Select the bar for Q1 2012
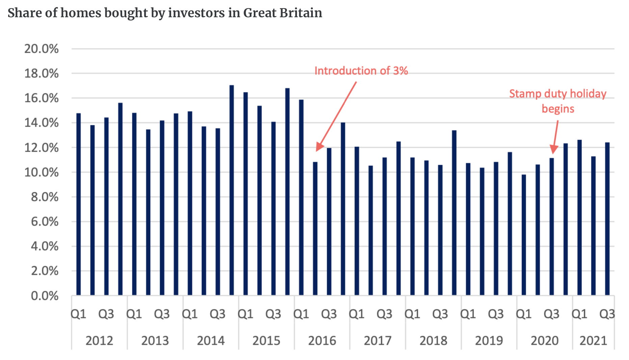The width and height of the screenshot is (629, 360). tap(79, 204)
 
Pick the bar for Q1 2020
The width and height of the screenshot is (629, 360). tap(524, 235)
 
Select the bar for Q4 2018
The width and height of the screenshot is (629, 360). tap(454, 213)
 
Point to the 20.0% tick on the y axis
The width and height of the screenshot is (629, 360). tap(42, 49)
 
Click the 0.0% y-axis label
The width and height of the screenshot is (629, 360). tap(45, 296)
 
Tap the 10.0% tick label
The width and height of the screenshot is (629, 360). tap(42, 173)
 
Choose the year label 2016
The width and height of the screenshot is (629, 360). tap(322, 341)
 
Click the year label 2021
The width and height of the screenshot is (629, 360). tap(593, 341)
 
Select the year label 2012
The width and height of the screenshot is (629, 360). tap(99, 341)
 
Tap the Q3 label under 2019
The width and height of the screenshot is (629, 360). tap(496, 314)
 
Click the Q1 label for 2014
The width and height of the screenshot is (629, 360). tap(190, 314)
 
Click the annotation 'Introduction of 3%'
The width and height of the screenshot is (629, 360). tap(361, 71)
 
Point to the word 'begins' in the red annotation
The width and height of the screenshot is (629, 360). tap(558, 109)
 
